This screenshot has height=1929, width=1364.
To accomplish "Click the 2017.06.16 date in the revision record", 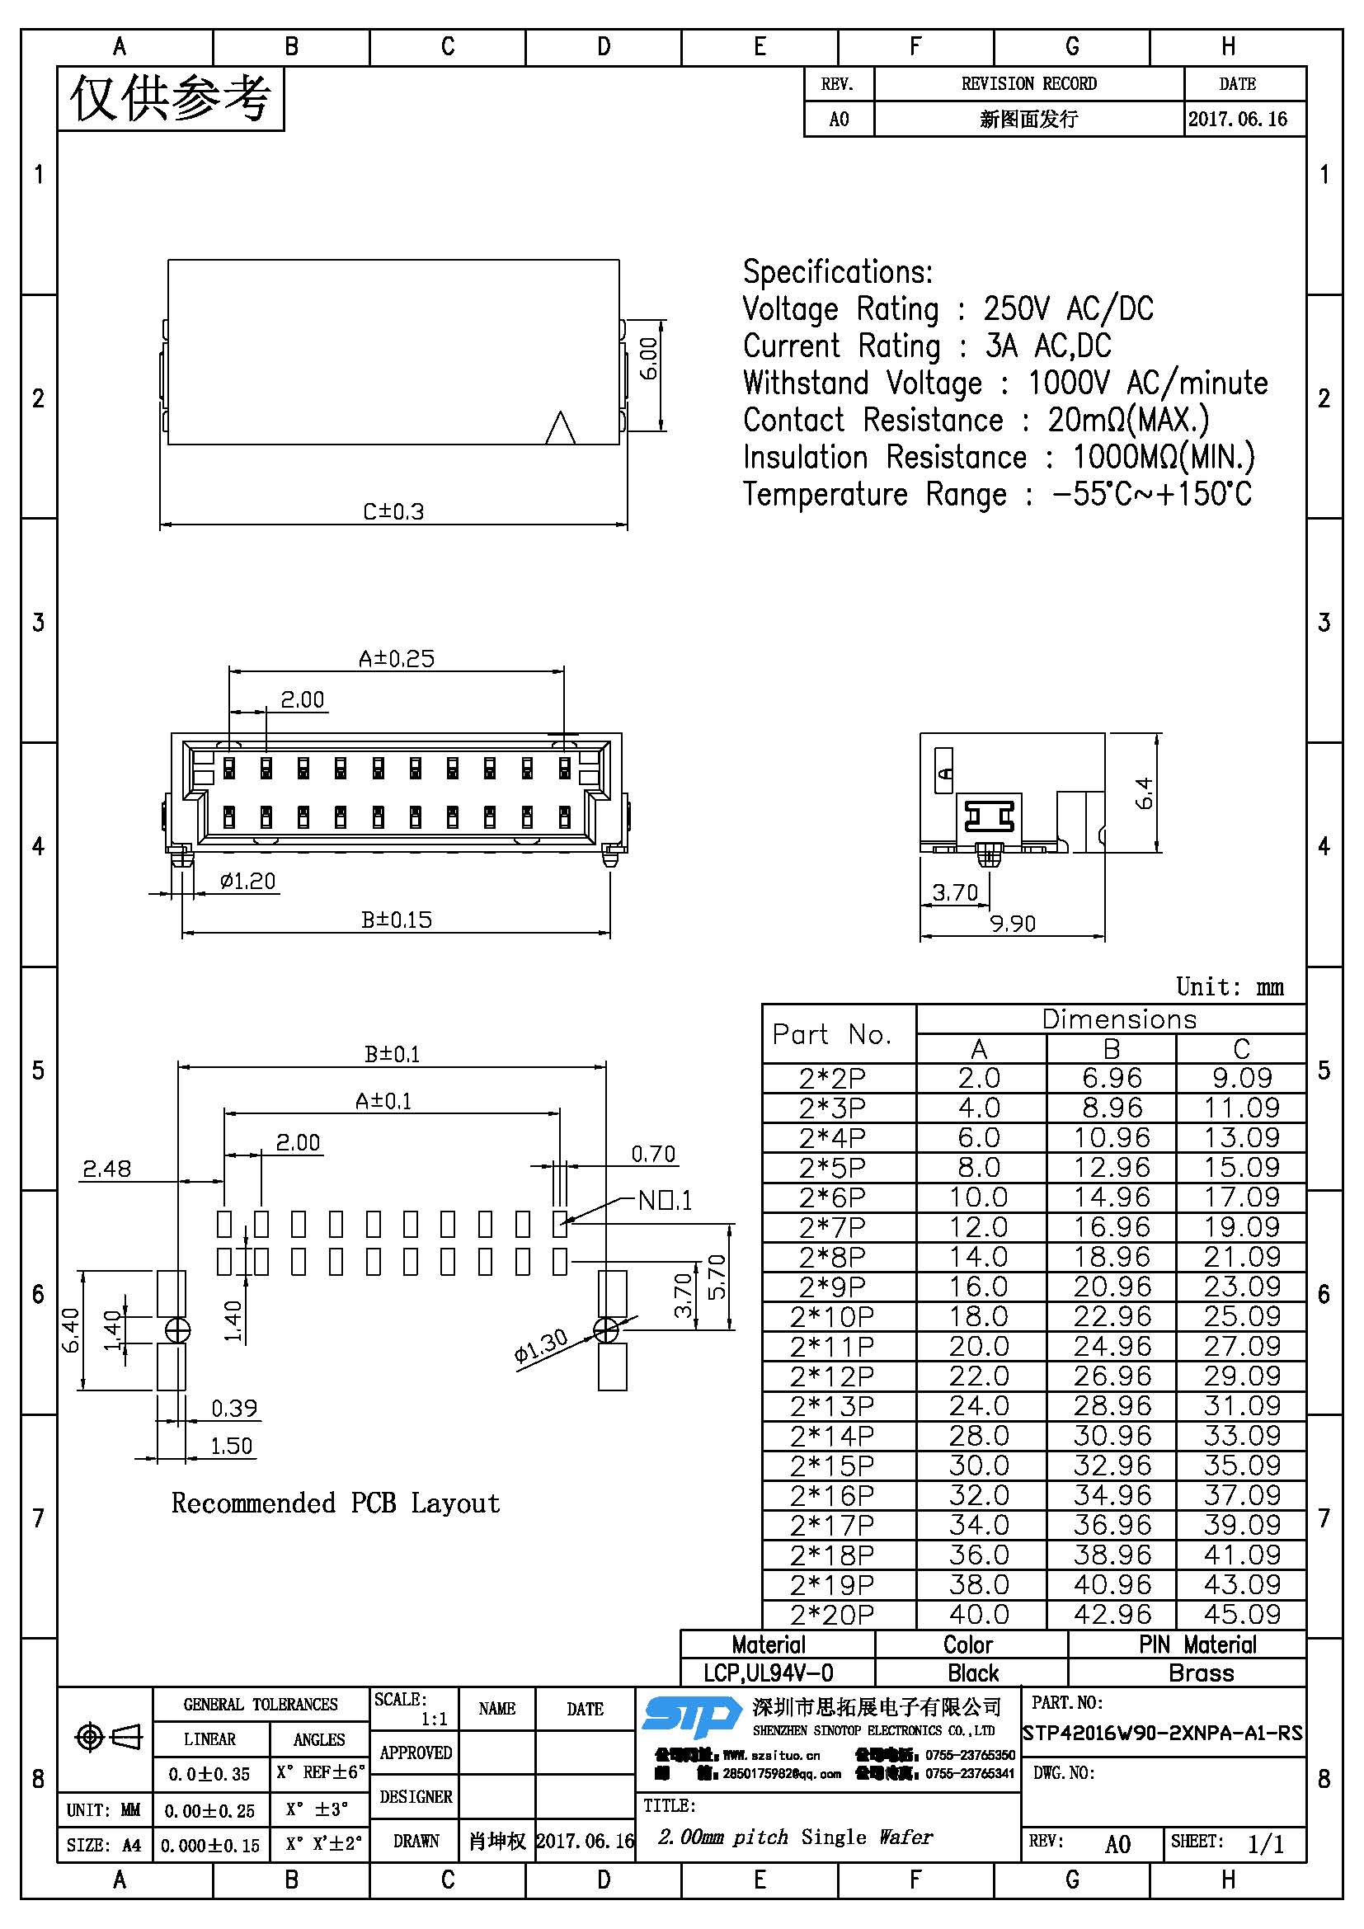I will pyautogui.click(x=1237, y=119).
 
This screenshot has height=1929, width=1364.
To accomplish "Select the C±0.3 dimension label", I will pyautogui.click(x=393, y=510).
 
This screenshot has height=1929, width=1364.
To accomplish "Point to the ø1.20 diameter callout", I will pyautogui.click(x=247, y=881).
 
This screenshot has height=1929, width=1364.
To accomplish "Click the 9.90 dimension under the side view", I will pyautogui.click(x=1012, y=924).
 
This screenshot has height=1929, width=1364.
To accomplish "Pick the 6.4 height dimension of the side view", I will pyautogui.click(x=1144, y=793).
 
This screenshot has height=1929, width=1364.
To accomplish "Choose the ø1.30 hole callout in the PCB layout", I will pyautogui.click(x=541, y=1345).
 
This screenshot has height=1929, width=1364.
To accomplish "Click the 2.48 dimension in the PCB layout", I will pyautogui.click(x=106, y=1169).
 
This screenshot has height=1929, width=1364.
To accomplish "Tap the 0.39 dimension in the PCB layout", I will pyautogui.click(x=233, y=1407).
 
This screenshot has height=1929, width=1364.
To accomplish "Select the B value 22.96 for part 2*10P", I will pyautogui.click(x=1112, y=1315).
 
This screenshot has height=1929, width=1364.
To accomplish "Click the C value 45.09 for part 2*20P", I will pyautogui.click(x=1241, y=1614).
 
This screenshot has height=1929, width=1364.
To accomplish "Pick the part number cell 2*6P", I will pyautogui.click(x=831, y=1197).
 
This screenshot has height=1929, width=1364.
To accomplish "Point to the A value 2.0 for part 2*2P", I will pyautogui.click(x=980, y=1078).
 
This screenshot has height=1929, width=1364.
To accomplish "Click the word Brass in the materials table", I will pyautogui.click(x=1201, y=1672).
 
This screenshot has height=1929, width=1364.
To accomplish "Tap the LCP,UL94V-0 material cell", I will pyautogui.click(x=768, y=1672).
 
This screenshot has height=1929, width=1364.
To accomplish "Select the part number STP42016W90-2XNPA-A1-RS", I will pyautogui.click(x=1163, y=1733).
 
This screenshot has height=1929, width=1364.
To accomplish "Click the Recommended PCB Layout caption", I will pyautogui.click(x=335, y=1503).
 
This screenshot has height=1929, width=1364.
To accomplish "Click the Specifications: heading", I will pyautogui.click(x=837, y=272).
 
